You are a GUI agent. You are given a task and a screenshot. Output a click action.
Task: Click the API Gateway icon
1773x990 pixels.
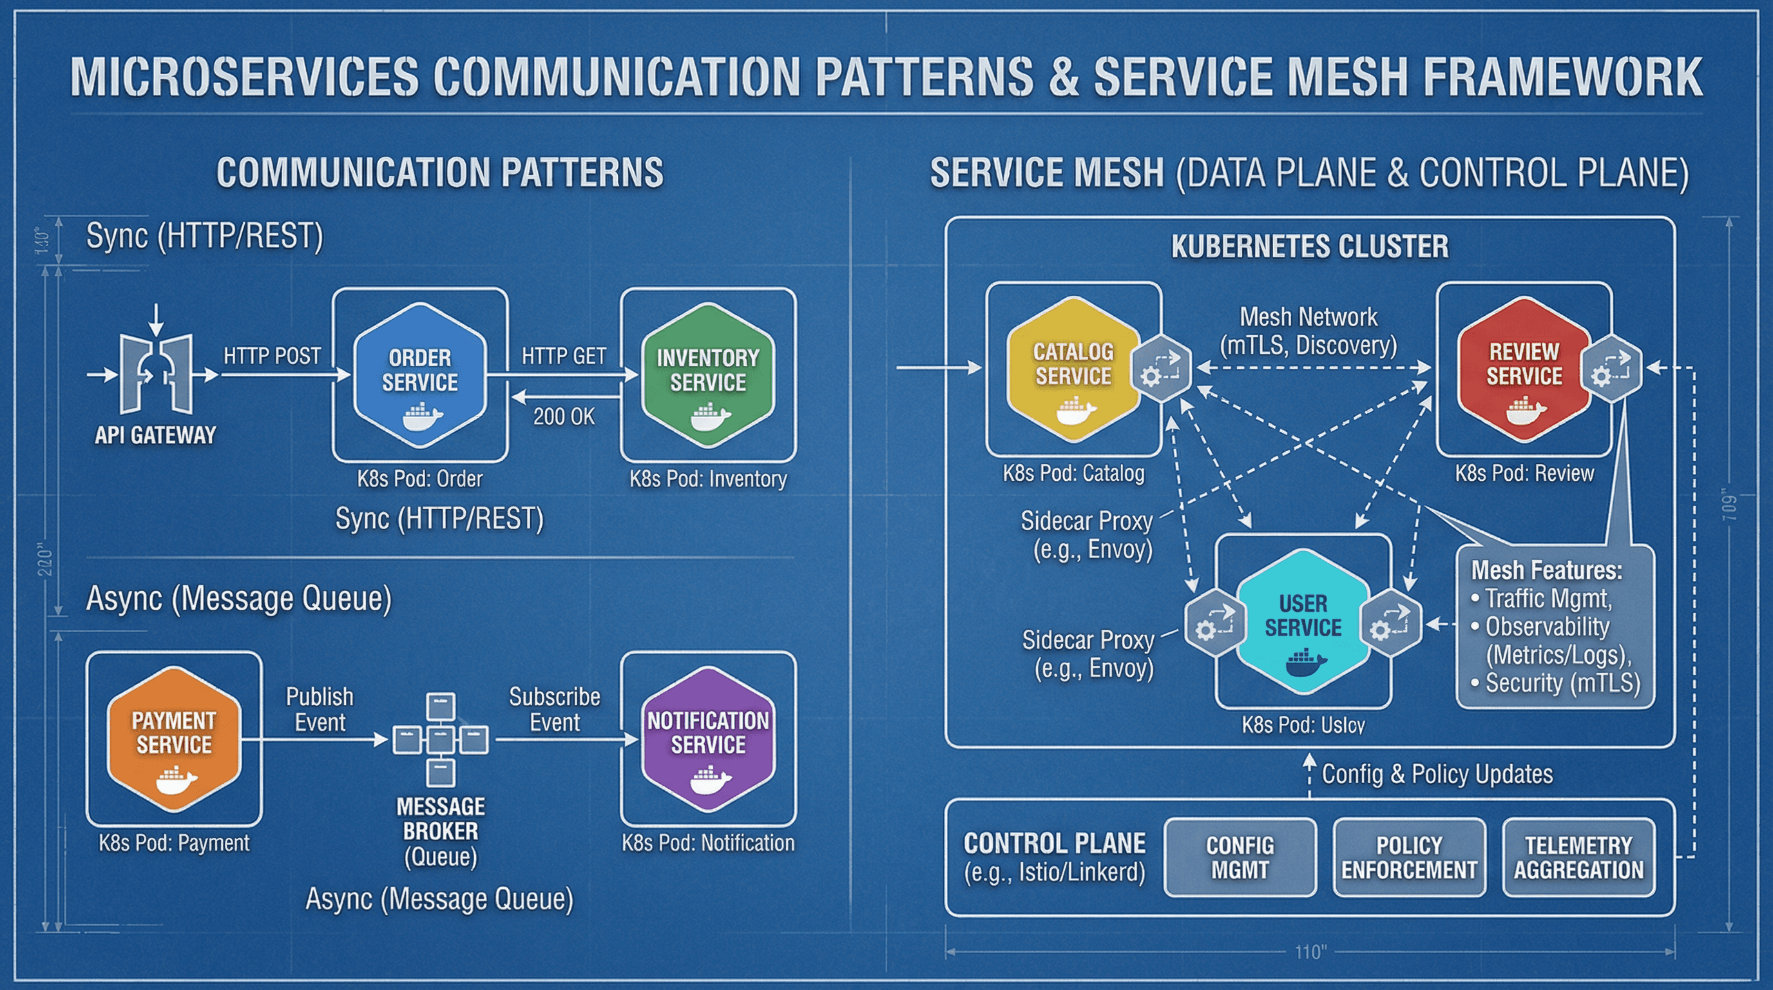point(157,374)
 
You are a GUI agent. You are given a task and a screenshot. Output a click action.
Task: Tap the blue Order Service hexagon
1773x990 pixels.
point(420,375)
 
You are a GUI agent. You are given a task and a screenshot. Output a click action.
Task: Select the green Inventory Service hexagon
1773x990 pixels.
point(707,375)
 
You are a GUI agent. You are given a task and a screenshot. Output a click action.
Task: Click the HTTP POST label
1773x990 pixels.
point(272,356)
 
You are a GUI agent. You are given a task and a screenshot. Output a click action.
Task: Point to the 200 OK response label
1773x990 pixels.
point(564,416)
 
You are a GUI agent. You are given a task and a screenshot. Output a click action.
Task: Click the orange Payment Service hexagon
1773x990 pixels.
point(174,738)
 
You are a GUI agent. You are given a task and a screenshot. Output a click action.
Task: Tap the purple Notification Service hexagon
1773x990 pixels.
point(707,738)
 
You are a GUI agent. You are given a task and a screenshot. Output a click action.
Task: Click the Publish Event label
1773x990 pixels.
point(320,709)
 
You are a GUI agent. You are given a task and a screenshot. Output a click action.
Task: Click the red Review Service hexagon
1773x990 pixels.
point(1524,369)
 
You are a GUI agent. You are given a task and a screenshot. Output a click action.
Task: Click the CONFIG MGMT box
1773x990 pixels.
point(1240,857)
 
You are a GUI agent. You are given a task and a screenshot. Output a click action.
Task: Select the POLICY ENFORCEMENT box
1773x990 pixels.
point(1409,857)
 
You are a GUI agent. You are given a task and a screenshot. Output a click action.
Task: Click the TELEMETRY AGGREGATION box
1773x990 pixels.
point(1578,857)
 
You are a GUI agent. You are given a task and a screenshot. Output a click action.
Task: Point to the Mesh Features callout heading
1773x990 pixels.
point(1546,570)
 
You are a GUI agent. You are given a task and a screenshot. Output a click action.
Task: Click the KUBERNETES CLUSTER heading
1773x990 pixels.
point(1310,246)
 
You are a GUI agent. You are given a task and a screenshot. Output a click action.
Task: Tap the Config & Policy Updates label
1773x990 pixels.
point(1437,774)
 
